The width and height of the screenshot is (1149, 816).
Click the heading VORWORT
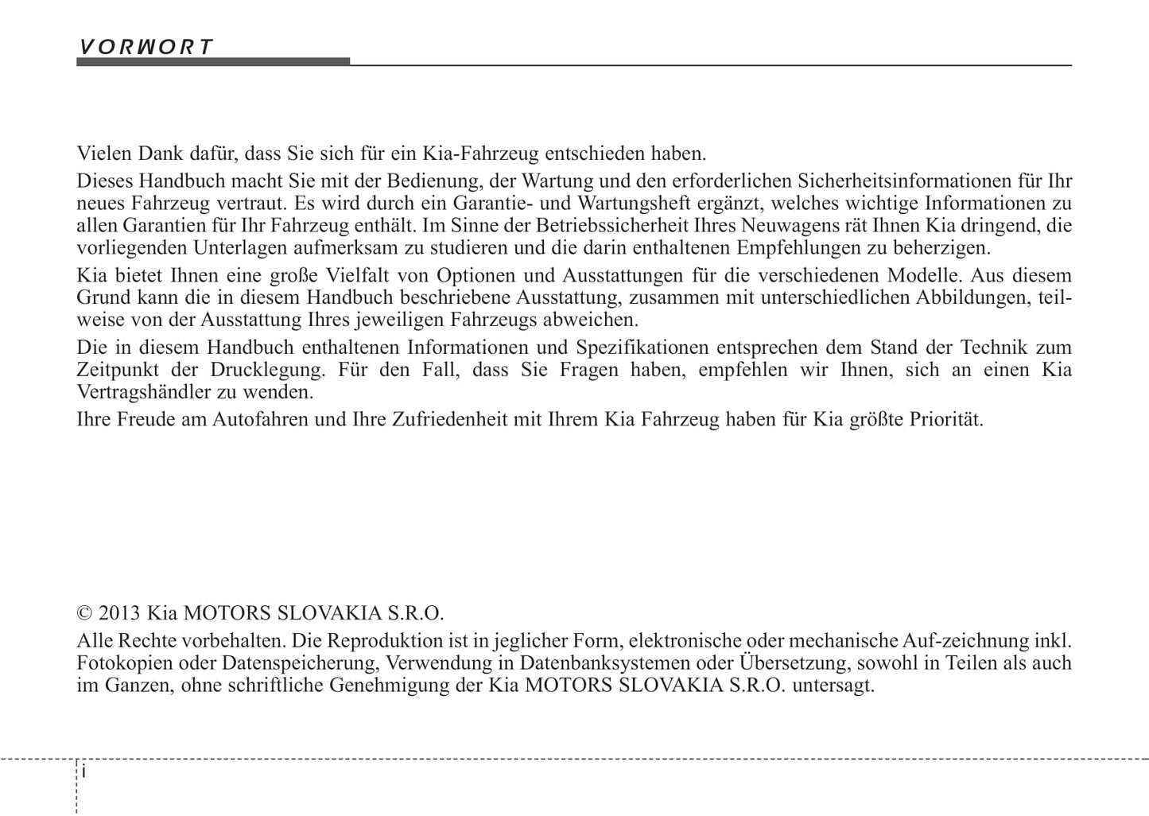146,46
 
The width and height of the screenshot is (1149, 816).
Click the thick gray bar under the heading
212,61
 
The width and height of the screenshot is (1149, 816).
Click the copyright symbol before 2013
84,613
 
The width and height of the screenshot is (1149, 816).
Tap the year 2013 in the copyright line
120,613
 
